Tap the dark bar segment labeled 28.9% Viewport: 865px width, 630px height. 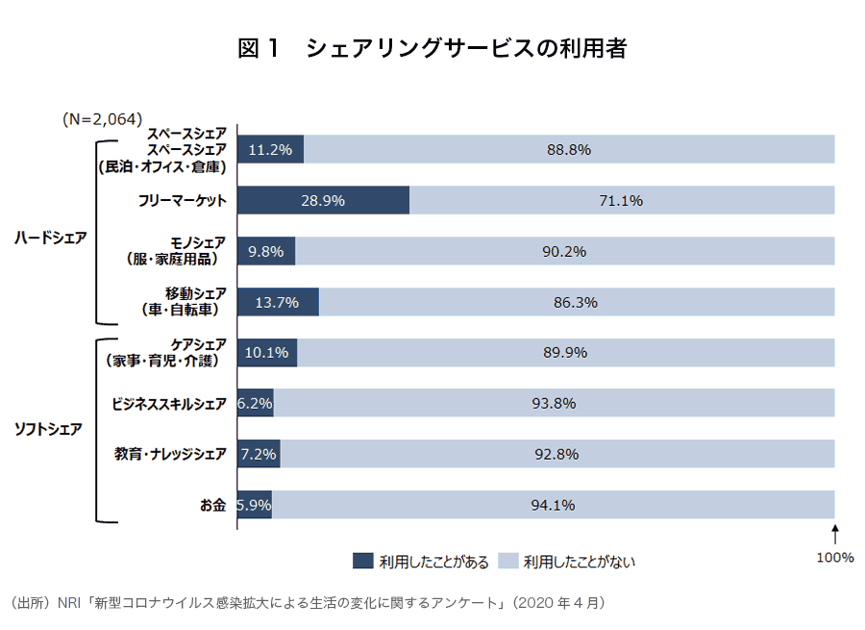point(323,201)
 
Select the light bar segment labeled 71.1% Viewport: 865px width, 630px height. point(622,201)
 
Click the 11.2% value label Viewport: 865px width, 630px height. point(269,150)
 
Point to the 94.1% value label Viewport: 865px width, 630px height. point(554,505)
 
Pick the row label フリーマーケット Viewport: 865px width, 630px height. point(183,201)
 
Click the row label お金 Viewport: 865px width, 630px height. point(212,505)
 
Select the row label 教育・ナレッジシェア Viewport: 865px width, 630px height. point(170,454)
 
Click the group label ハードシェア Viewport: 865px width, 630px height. point(50,239)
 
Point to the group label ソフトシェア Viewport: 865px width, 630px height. point(48,429)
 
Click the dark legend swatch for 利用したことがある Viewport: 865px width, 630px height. point(362,561)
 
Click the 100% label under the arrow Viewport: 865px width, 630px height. point(835,557)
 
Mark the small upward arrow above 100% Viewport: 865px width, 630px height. point(835,532)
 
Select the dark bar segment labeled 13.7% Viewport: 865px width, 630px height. point(278,302)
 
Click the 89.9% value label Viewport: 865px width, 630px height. point(565,353)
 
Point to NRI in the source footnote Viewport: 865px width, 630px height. point(70,603)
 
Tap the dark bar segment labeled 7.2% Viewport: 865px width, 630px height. point(259,454)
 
